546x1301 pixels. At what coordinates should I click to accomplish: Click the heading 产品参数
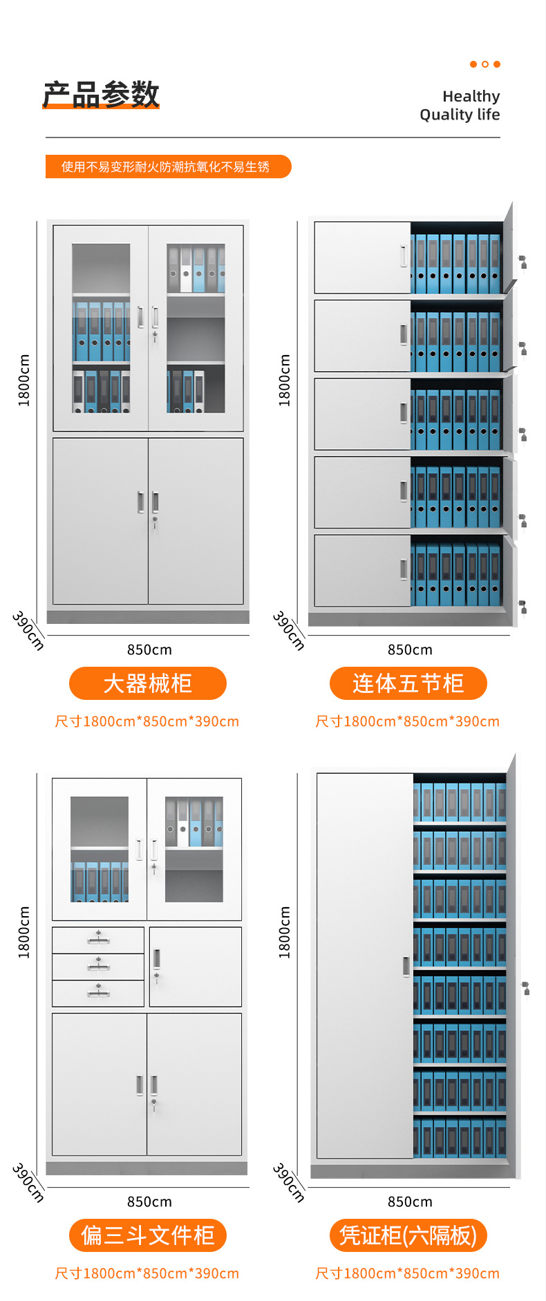coord(101,94)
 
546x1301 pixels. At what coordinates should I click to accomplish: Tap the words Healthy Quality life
coord(460,105)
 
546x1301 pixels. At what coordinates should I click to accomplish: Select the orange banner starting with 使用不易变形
coord(168,167)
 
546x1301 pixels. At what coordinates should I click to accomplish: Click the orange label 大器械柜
coord(147,683)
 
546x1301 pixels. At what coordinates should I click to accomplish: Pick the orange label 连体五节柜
coord(408,683)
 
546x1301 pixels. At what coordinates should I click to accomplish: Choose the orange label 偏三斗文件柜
coord(147,1235)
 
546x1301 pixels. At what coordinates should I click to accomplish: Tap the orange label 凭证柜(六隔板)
coord(408,1235)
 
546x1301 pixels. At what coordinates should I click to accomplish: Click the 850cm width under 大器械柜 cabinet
coord(149,649)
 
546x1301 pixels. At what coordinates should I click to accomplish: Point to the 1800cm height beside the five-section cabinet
coord(284,380)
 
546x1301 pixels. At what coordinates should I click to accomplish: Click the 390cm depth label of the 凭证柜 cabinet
coord(289,1182)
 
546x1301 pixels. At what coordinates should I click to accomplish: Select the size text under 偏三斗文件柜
coord(147,1273)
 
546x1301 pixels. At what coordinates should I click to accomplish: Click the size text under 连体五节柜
coord(408,721)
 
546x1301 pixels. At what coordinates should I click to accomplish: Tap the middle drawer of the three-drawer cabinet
coord(98,967)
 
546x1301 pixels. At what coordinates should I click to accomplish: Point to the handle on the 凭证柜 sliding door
coord(406,966)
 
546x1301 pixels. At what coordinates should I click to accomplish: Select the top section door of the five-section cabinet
coord(362,257)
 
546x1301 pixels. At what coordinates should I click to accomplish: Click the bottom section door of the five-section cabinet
coord(362,570)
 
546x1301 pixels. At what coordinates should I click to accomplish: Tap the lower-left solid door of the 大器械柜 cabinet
coord(100,521)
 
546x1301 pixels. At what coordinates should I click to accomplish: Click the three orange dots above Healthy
coord(485,64)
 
